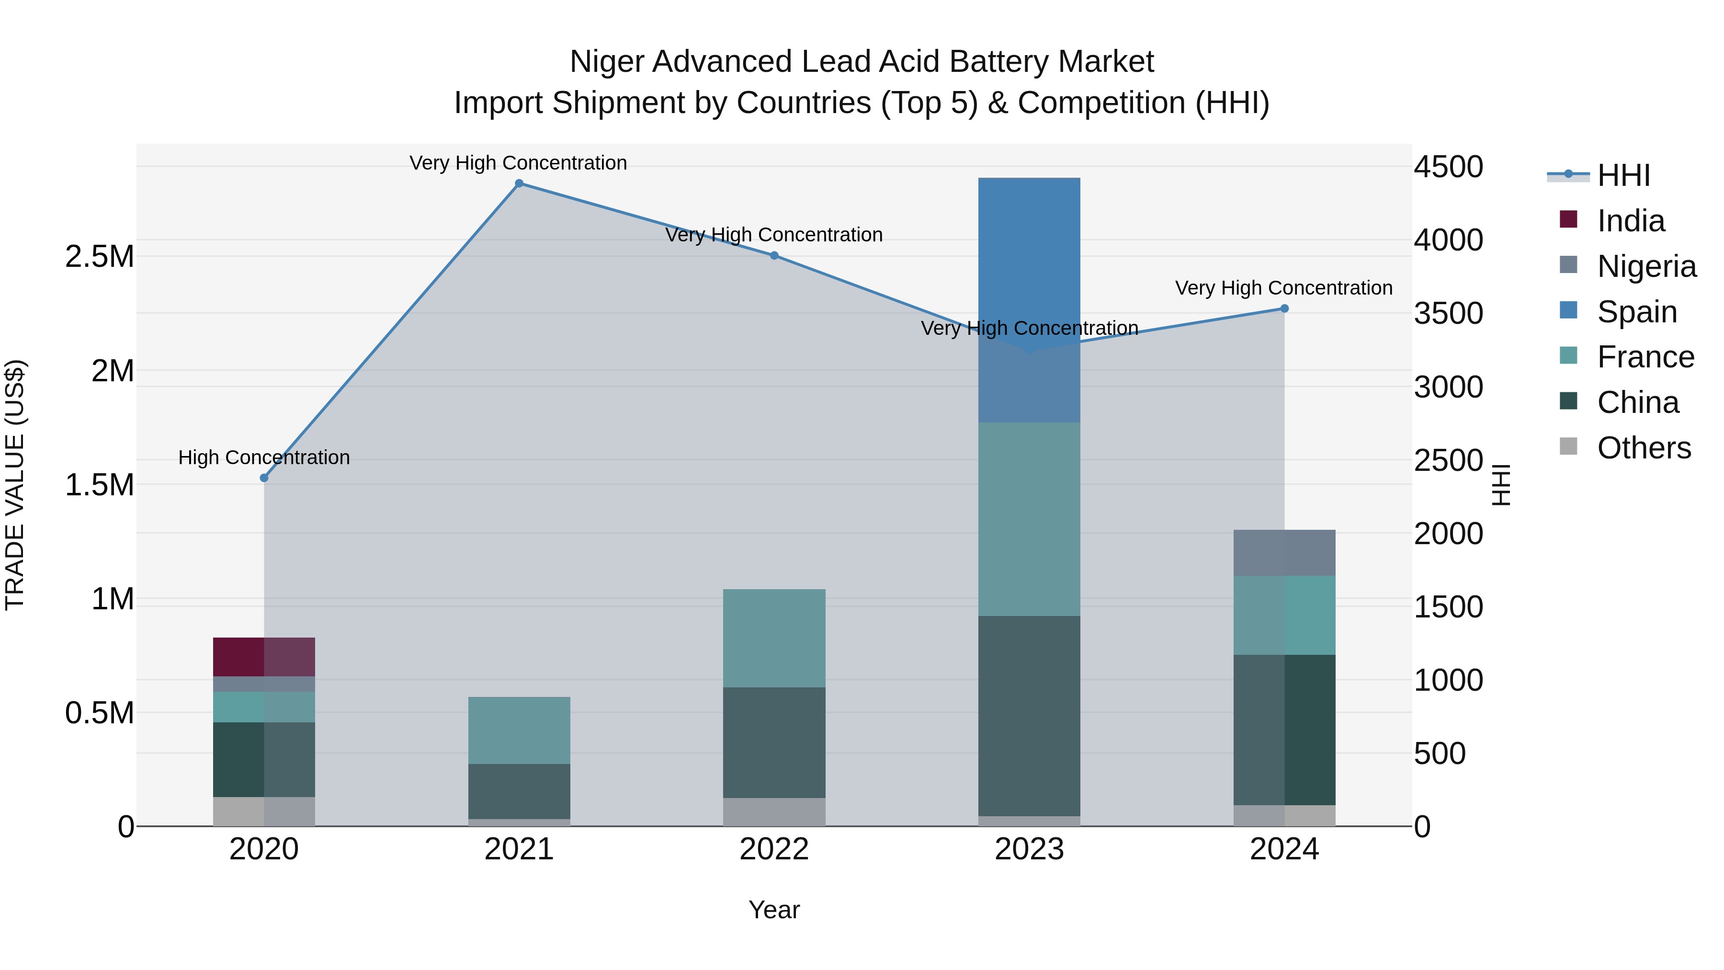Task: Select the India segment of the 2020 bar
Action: pos(264,657)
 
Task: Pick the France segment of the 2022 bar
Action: pos(774,638)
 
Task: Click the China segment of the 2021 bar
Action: pos(519,791)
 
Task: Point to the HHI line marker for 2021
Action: pos(519,183)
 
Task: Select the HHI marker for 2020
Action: pos(264,478)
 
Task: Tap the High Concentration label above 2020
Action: pos(264,458)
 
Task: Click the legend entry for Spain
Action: pos(1636,312)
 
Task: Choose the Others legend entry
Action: pos(1643,448)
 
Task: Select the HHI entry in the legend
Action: pos(1623,175)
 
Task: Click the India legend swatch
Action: pos(1568,219)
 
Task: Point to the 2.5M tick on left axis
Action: pos(99,257)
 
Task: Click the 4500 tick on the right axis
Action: pos(1448,167)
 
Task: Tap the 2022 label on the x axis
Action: pos(774,849)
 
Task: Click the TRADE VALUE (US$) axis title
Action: pos(15,485)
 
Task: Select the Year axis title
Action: pos(774,911)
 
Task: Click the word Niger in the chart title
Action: pos(606,62)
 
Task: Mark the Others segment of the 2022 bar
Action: pos(774,812)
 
